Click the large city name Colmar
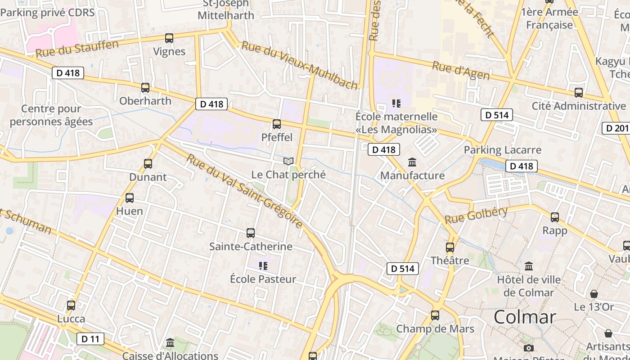pyautogui.click(x=525, y=317)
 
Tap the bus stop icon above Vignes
pyautogui.click(x=169, y=38)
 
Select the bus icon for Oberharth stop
pyautogui.click(x=145, y=88)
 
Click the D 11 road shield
pyautogui.click(x=90, y=339)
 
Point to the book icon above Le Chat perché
pyautogui.click(x=288, y=161)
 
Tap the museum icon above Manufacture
pyautogui.click(x=412, y=162)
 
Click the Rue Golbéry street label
pyautogui.click(x=476, y=215)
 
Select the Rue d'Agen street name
pyautogui.click(x=461, y=71)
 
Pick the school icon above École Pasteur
pyautogui.click(x=263, y=266)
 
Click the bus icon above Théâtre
pyautogui.click(x=450, y=247)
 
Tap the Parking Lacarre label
pyautogui.click(x=503, y=150)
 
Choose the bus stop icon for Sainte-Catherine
pyautogui.click(x=251, y=233)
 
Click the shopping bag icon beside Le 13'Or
pyautogui.click(x=594, y=294)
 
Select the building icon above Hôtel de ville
pyautogui.click(x=529, y=266)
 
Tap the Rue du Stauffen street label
pyautogui.click(x=77, y=49)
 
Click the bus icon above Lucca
pyautogui.click(x=71, y=306)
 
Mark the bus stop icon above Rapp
pyautogui.click(x=555, y=217)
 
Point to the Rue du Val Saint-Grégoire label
pyautogui.click(x=245, y=191)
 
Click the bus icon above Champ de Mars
pyautogui.click(x=435, y=315)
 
